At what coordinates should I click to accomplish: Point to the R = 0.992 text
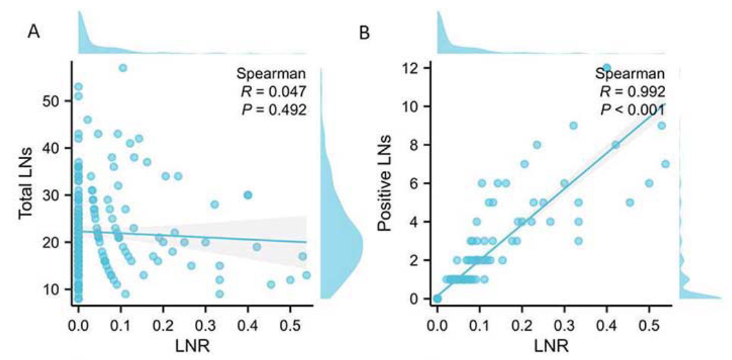pos(631,91)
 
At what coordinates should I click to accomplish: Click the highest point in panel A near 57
pos(123,68)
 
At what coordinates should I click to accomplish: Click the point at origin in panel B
pos(437,298)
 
